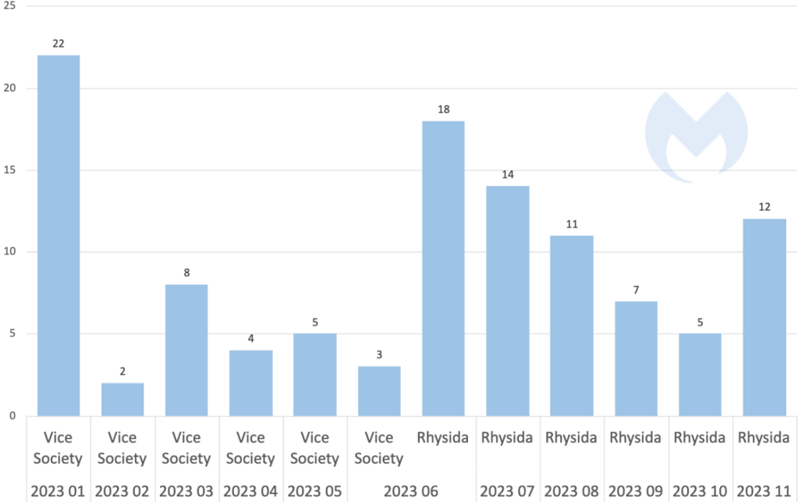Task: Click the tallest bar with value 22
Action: coord(59,235)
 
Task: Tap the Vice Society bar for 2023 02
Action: coord(122,399)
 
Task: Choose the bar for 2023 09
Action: coord(636,358)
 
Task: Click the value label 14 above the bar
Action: coord(508,174)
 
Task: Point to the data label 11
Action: coord(572,224)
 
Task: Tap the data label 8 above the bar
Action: coord(186,273)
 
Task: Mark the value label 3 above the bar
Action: coord(379,355)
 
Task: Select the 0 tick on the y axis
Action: coord(12,416)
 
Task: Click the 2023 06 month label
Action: coord(411,491)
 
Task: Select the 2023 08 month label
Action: coord(572,491)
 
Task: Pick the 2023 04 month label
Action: coord(250,491)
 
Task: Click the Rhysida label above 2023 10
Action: coord(700,438)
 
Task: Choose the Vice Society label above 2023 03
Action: coord(186,447)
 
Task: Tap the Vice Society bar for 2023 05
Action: coord(315,375)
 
